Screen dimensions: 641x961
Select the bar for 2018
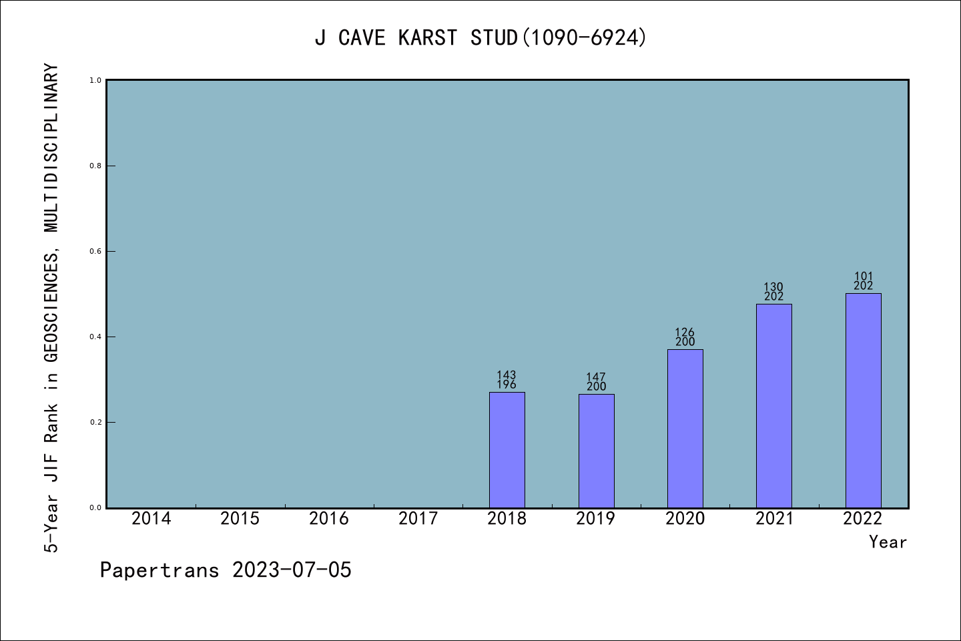[x=507, y=449]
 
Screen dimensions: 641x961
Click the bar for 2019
[x=596, y=451]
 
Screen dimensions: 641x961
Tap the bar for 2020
[x=685, y=428]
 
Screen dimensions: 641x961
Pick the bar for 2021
[x=773, y=405]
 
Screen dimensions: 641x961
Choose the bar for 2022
[x=863, y=400]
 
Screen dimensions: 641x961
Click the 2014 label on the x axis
[x=151, y=519]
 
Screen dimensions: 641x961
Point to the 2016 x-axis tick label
[x=329, y=519]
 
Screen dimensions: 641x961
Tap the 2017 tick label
[x=418, y=519]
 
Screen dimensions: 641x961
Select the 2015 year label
[x=240, y=519]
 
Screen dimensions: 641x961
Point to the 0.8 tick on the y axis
[x=95, y=166]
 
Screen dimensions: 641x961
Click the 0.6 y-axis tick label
[x=95, y=251]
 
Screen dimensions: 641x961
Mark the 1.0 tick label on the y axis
[x=95, y=80]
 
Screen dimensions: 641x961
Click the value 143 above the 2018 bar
[x=507, y=375]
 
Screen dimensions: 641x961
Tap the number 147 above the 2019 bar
[x=596, y=377]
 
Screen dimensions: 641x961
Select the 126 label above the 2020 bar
[x=685, y=333]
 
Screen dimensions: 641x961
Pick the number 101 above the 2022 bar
[x=863, y=276]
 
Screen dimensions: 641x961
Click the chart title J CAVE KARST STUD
[x=480, y=38]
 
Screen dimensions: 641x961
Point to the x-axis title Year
[x=888, y=542]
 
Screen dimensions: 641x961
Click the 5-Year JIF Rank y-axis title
[x=52, y=307]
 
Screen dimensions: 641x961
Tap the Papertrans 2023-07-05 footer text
[x=226, y=570]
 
